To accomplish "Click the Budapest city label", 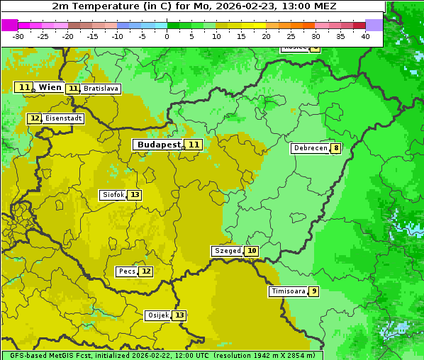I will pyautogui.click(x=158, y=145).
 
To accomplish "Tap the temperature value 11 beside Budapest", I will pyautogui.click(x=194, y=145).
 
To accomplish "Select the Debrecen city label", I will pyautogui.click(x=310, y=148).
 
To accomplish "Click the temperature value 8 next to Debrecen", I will pyautogui.click(x=335, y=148).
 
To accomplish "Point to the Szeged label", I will pyautogui.click(x=227, y=251).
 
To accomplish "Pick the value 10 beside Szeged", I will pyautogui.click(x=252, y=251).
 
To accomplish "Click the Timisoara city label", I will pyautogui.click(x=289, y=291).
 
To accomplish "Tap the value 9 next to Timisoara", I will pyautogui.click(x=313, y=291).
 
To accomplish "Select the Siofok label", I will pyautogui.click(x=113, y=195).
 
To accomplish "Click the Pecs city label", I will pyautogui.click(x=127, y=271).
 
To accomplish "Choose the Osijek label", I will pyautogui.click(x=158, y=315).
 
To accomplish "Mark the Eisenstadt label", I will pyautogui.click(x=64, y=118).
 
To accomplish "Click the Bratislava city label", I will pyautogui.click(x=100, y=89).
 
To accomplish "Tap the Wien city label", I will pyautogui.click(x=50, y=87).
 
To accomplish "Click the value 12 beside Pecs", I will pyautogui.click(x=146, y=271).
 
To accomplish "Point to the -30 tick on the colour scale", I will pyautogui.click(x=18, y=36).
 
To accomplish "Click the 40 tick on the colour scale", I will pyautogui.click(x=365, y=36).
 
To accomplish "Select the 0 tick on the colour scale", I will pyautogui.click(x=167, y=36).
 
